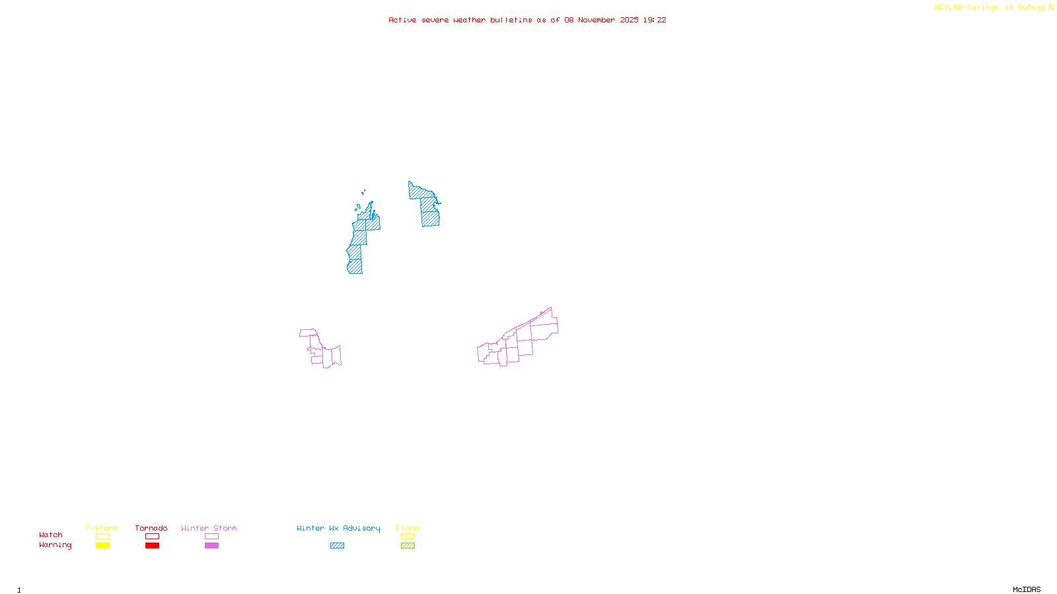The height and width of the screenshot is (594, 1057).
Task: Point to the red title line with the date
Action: [x=527, y=20]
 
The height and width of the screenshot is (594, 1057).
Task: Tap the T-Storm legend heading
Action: [x=102, y=528]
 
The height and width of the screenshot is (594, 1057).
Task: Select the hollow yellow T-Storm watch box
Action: [x=102, y=537]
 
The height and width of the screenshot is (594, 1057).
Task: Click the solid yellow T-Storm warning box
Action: [x=102, y=546]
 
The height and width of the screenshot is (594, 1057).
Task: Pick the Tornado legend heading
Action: [x=151, y=528]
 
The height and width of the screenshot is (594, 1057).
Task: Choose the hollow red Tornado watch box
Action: [x=152, y=537]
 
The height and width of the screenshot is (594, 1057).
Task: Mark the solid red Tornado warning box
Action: [x=152, y=546]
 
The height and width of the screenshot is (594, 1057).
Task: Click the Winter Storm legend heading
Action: [x=209, y=528]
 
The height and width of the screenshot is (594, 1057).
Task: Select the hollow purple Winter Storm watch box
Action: [x=211, y=537]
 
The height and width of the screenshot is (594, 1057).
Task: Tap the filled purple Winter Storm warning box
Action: [x=211, y=546]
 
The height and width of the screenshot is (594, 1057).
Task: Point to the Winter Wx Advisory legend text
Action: [x=338, y=528]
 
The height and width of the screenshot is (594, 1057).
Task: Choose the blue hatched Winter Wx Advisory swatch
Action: [x=337, y=546]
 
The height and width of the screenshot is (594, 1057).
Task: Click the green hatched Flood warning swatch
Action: [x=408, y=546]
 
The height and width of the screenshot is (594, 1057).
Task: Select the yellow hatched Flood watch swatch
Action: [x=408, y=537]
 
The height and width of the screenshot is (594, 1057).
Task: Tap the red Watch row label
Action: [x=51, y=535]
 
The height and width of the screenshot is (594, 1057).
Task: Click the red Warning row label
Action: [x=55, y=545]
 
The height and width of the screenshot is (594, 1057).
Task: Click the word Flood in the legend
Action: [x=408, y=528]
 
